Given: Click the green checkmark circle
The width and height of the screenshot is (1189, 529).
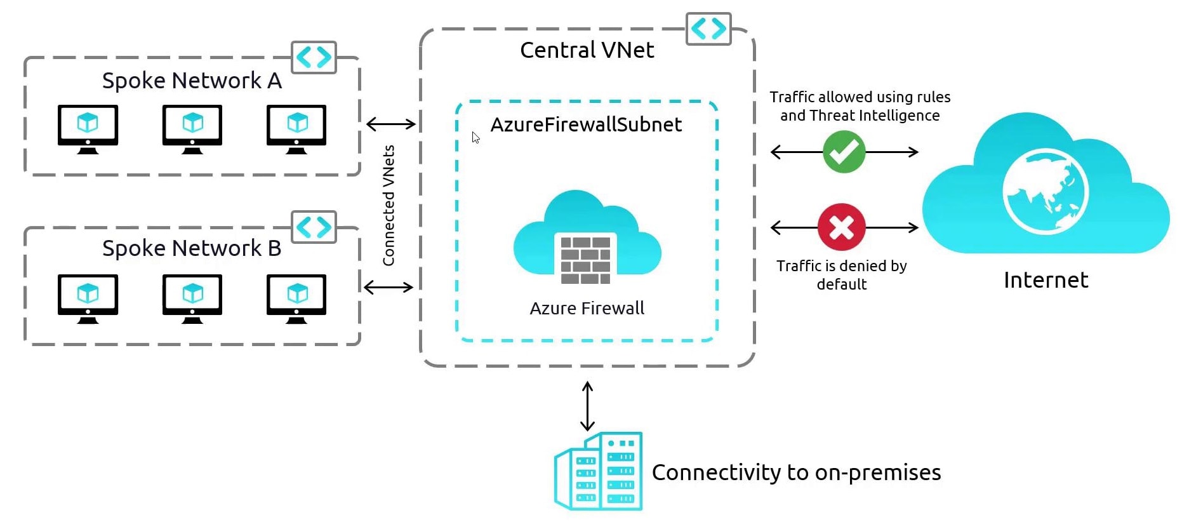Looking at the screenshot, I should pos(844,152).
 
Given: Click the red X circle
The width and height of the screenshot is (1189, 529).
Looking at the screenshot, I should pos(841,227).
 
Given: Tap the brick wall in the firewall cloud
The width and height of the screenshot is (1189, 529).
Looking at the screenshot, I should pos(585,258).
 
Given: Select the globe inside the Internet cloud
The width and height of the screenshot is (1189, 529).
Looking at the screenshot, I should pos(1045,191).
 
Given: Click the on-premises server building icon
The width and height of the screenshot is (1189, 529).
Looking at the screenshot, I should pos(599,471).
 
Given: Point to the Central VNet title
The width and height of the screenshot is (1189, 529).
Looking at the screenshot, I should pos(587,50).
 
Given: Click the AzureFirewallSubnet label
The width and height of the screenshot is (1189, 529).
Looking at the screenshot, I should pos(586,124).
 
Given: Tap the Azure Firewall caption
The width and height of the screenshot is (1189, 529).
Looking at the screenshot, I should pos(587,309).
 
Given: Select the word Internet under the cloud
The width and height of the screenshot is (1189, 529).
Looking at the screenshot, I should pos(1046,280).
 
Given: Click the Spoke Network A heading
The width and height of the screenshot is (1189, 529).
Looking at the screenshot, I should pos(192,81).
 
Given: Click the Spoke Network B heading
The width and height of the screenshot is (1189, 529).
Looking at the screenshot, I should pos(192,248).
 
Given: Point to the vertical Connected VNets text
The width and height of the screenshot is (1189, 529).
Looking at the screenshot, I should pos(389,205).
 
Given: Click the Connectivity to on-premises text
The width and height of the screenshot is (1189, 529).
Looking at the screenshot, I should pos(796,472).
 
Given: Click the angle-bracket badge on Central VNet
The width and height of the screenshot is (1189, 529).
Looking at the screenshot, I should pos(708,29).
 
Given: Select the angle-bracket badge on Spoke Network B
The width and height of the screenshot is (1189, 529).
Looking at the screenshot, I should pos(314,227).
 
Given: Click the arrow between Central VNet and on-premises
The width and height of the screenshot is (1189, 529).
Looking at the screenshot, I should pos(588,406).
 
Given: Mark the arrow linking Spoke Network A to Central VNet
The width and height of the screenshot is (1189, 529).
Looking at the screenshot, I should pos(391,124).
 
